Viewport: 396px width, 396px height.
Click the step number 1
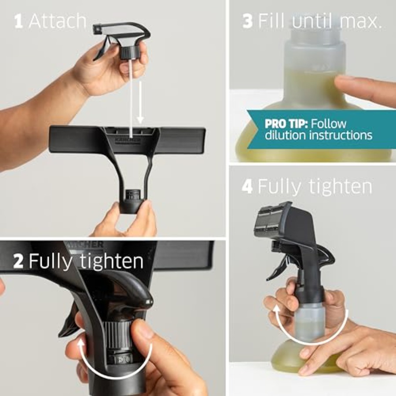pyautogui.click(x=18, y=21)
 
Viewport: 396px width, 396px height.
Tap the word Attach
pyautogui.click(x=58, y=21)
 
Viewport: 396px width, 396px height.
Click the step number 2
pyautogui.click(x=18, y=261)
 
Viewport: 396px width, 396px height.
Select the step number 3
pyautogui.click(x=247, y=21)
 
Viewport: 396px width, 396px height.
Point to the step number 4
pyautogui.click(x=247, y=187)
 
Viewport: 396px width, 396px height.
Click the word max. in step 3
pyautogui.click(x=360, y=22)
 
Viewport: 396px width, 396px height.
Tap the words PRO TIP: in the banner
pyautogui.click(x=286, y=124)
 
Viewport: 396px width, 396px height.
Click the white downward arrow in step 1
pyautogui.click(x=140, y=102)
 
